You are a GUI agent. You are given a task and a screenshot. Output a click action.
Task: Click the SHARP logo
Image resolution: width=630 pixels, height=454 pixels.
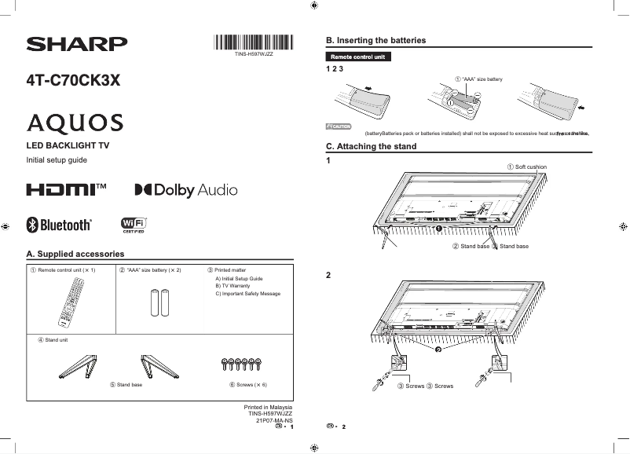pyautogui.click(x=76, y=44)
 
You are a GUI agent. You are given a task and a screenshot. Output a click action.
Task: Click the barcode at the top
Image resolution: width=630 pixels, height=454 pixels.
pyautogui.click(x=253, y=43)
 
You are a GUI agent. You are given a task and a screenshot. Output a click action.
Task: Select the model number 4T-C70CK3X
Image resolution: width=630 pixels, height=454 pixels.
pyautogui.click(x=73, y=81)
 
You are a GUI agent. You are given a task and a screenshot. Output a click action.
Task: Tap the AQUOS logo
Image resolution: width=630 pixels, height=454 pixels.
pyautogui.click(x=75, y=123)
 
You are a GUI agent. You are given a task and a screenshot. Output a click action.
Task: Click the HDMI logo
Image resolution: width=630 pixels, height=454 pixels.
pyautogui.click(x=66, y=190)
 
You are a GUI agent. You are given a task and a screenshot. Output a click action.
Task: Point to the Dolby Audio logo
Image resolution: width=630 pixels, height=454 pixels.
pyautogui.click(x=185, y=190)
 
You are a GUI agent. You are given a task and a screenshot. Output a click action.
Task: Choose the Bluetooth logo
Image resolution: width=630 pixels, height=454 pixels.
pyautogui.click(x=60, y=225)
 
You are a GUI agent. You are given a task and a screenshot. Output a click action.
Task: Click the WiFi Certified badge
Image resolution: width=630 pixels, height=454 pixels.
pyautogui.click(x=134, y=225)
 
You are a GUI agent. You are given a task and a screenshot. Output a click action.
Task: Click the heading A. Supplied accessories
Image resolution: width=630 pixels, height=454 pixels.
pyautogui.click(x=75, y=254)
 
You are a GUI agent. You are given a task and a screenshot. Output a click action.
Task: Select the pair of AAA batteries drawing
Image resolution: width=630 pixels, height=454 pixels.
pyautogui.click(x=159, y=302)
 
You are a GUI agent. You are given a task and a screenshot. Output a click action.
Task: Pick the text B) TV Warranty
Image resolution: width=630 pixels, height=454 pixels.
pyautogui.click(x=233, y=286)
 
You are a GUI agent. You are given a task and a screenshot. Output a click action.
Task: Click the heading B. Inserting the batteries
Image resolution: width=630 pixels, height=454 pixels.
pyautogui.click(x=375, y=40)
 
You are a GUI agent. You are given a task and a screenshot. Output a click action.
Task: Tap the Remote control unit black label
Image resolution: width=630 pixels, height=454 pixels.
pyautogui.click(x=357, y=57)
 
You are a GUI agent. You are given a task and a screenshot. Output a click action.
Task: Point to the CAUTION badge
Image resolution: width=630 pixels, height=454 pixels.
pyautogui.click(x=339, y=126)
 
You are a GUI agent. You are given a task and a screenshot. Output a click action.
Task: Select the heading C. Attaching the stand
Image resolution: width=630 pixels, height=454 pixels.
pyautogui.click(x=371, y=147)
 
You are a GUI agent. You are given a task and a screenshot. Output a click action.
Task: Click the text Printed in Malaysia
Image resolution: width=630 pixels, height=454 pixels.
pyautogui.click(x=268, y=407)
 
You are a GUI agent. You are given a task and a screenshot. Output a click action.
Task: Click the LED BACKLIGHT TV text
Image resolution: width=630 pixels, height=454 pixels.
pyautogui.click(x=68, y=146)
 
